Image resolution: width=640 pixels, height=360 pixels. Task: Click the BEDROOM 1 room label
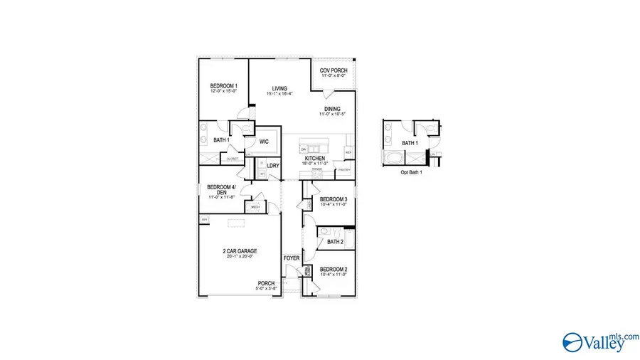(x=223, y=86)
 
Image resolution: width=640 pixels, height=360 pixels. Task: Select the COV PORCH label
(x=333, y=70)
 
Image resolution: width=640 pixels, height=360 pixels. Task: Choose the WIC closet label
(x=264, y=142)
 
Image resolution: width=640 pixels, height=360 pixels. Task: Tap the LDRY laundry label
(x=273, y=166)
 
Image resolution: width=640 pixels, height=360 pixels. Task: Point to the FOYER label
(x=292, y=258)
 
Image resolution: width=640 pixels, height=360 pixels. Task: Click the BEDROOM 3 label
(x=333, y=199)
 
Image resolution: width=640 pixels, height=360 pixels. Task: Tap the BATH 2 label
(x=336, y=242)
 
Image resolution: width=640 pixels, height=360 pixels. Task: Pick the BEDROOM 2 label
(x=333, y=270)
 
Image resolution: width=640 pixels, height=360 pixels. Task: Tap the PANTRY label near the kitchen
(x=344, y=169)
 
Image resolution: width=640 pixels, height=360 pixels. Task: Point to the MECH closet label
(x=254, y=207)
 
